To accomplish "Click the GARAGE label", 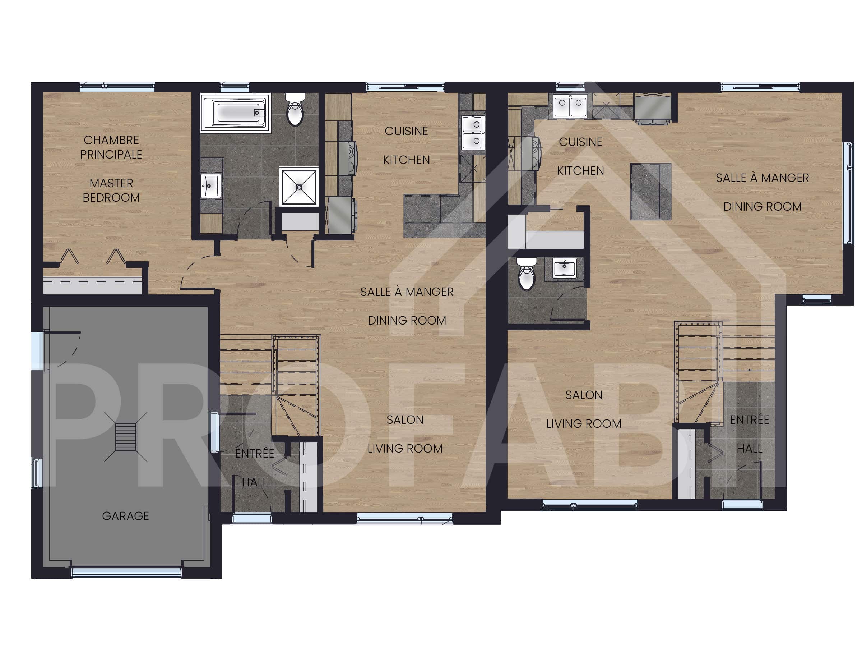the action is tap(125, 516).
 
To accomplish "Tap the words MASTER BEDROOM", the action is tap(111, 190).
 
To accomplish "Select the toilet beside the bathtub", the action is tap(295, 109).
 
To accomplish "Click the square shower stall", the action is tap(299, 187).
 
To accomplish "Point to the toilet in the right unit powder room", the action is tap(527, 274).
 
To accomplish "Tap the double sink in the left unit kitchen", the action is tap(473, 133).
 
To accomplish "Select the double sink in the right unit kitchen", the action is tap(570, 105).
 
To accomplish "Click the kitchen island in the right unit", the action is tap(650, 192).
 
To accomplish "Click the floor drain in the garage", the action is tap(125, 437).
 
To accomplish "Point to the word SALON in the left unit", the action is tap(405, 419).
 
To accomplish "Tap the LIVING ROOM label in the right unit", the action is tap(584, 424).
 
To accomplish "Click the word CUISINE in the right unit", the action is tap(581, 142).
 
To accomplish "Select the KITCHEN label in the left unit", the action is tap(407, 160).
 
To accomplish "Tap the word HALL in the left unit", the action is tap(254, 482).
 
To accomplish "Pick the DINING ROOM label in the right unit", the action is tap(763, 207).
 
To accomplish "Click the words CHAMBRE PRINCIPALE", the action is tap(111, 147).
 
